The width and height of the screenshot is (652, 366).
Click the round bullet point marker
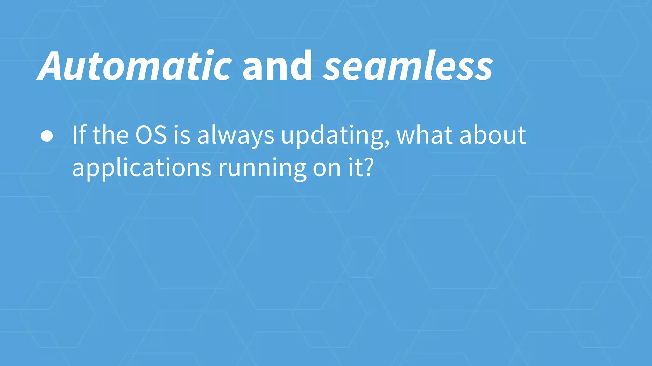[x=47, y=136]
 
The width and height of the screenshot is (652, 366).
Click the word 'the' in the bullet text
[x=110, y=135]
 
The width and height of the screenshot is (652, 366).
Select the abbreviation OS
[x=151, y=135]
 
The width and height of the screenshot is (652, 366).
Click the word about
[x=493, y=135]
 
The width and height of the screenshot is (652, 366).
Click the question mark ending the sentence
[x=368, y=167]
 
